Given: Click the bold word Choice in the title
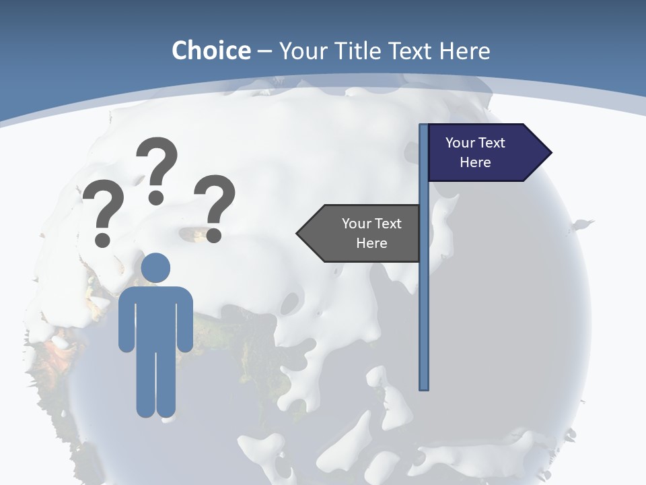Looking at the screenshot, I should click(211, 51).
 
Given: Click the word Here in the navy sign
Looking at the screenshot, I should click(475, 162).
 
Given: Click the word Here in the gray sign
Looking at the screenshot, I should click(371, 243).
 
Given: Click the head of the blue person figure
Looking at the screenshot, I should click(156, 267).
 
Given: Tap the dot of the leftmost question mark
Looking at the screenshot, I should click(103, 239).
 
